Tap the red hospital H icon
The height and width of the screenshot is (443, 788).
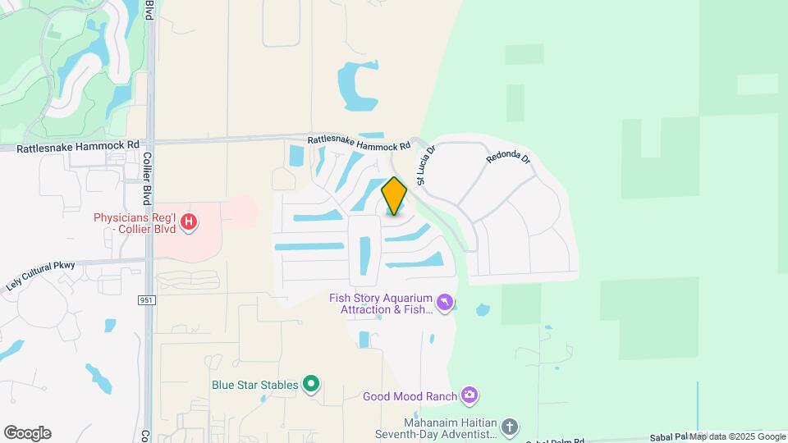click(x=190, y=221)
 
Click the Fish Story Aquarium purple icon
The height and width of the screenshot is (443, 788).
click(x=445, y=304)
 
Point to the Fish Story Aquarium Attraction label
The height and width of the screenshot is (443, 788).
click(x=381, y=304)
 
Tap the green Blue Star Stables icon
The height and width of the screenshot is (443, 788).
click(x=311, y=383)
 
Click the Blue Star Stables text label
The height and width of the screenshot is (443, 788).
click(x=254, y=383)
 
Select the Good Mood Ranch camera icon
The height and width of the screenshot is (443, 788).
click(x=469, y=396)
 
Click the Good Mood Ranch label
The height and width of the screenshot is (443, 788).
click(x=410, y=397)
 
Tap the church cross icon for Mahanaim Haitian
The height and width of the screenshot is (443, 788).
click(x=510, y=427)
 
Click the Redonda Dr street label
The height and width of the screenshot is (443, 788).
click(x=509, y=158)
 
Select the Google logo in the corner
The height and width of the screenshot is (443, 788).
click(x=27, y=433)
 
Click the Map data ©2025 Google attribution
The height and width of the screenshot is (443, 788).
click(x=736, y=436)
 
